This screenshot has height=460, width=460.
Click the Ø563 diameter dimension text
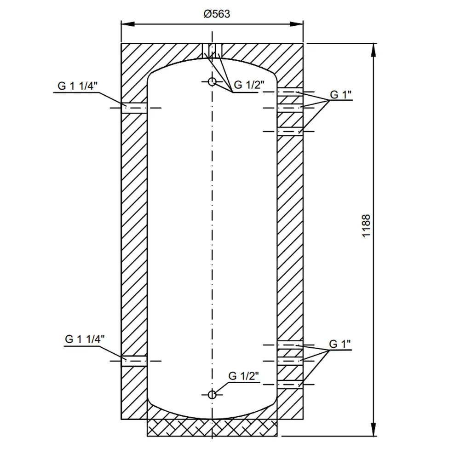[x=217, y=14]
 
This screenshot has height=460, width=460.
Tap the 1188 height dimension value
[x=366, y=226]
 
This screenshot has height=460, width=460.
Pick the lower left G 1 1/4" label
[x=85, y=339]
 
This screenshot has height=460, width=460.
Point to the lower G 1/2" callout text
[x=244, y=375]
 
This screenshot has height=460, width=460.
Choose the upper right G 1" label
[x=340, y=95]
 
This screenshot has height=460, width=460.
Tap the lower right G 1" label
[x=340, y=344]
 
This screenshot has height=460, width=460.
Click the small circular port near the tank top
[x=212, y=82]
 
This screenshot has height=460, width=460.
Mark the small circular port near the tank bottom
[x=212, y=394]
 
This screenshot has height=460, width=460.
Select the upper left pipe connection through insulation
[x=134, y=108]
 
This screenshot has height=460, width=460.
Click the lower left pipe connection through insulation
[x=134, y=361]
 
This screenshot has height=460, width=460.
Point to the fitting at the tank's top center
[x=212, y=51]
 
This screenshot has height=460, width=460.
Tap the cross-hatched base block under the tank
[x=212, y=428]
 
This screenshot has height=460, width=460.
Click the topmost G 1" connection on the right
[x=290, y=92]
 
